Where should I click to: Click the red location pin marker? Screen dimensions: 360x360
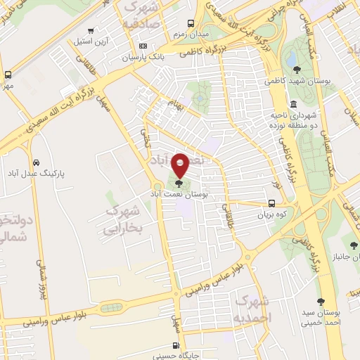tap(180, 165)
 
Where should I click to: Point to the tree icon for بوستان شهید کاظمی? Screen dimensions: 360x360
tap(298, 69)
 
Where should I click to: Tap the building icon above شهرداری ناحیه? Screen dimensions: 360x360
tap(293, 104)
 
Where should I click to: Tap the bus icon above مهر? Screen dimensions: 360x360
tap(8, 75)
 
